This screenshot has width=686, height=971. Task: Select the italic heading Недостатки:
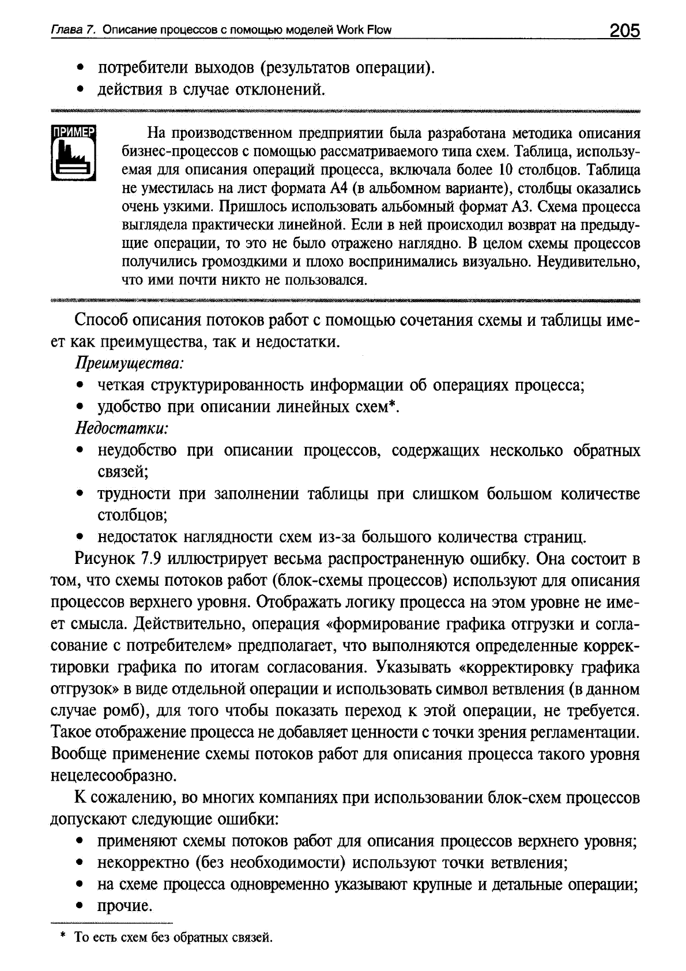(x=122, y=428)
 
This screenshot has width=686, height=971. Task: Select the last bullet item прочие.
(x=125, y=906)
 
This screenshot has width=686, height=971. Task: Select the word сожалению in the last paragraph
(x=132, y=798)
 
